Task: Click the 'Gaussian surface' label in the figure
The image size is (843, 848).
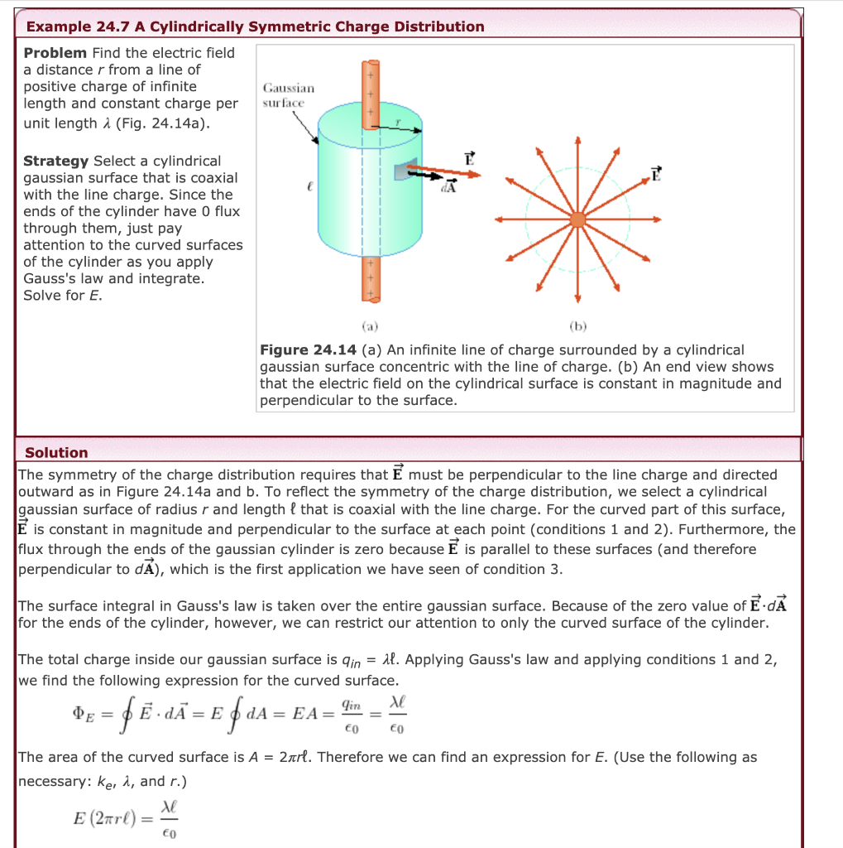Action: click(x=288, y=94)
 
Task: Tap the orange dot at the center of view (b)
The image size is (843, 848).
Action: click(x=578, y=219)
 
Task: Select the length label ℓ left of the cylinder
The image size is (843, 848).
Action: click(x=307, y=190)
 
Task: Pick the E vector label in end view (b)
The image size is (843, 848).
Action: click(x=657, y=174)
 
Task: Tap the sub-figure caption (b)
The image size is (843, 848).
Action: click(x=578, y=325)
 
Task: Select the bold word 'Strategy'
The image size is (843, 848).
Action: click(x=56, y=161)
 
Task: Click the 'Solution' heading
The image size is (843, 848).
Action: click(x=56, y=453)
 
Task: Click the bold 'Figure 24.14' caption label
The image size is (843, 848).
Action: click(x=308, y=350)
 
